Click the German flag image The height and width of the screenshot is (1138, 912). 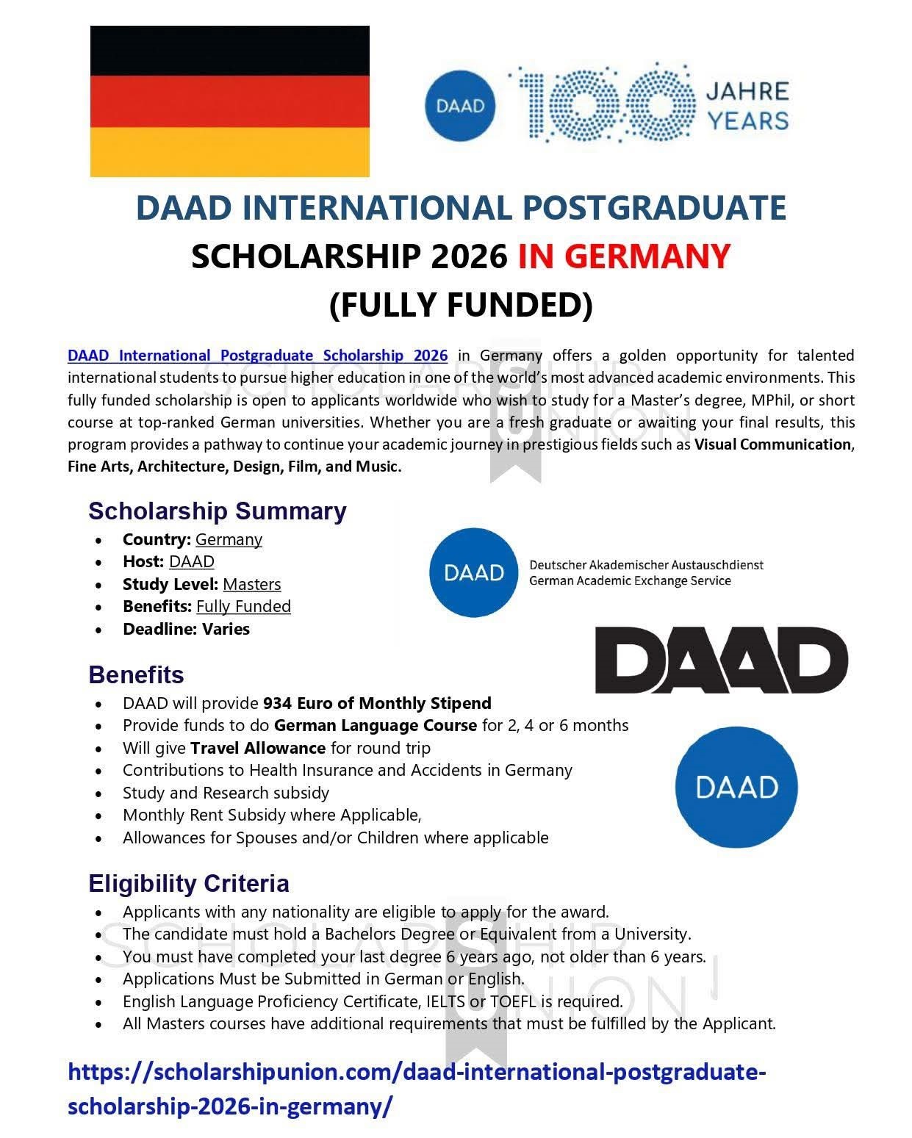point(229,101)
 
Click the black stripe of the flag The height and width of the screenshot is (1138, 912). point(229,51)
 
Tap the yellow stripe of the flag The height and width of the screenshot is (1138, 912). point(229,151)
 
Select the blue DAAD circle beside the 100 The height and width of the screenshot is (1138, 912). point(461,106)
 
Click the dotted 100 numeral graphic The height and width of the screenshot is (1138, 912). point(606,103)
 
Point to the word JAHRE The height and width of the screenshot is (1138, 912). point(747,91)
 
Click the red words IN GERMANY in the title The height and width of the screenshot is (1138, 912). point(624,256)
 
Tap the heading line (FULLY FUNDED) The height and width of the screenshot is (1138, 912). point(461,305)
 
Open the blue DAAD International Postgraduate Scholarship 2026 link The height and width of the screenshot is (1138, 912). point(257,356)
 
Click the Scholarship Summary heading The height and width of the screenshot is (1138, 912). point(217,511)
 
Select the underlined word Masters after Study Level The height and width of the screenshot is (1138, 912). point(251,584)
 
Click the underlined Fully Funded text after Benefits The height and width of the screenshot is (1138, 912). point(243,606)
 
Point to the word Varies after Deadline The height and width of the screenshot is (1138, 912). point(226,629)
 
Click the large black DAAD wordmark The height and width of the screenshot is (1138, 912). point(721,659)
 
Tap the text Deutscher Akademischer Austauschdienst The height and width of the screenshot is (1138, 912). point(646,565)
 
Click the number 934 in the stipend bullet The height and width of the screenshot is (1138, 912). point(277,703)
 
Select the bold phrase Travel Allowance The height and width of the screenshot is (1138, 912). point(258,748)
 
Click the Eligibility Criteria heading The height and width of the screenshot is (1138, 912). point(189,883)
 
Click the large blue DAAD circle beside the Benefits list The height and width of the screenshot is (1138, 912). point(736,787)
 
